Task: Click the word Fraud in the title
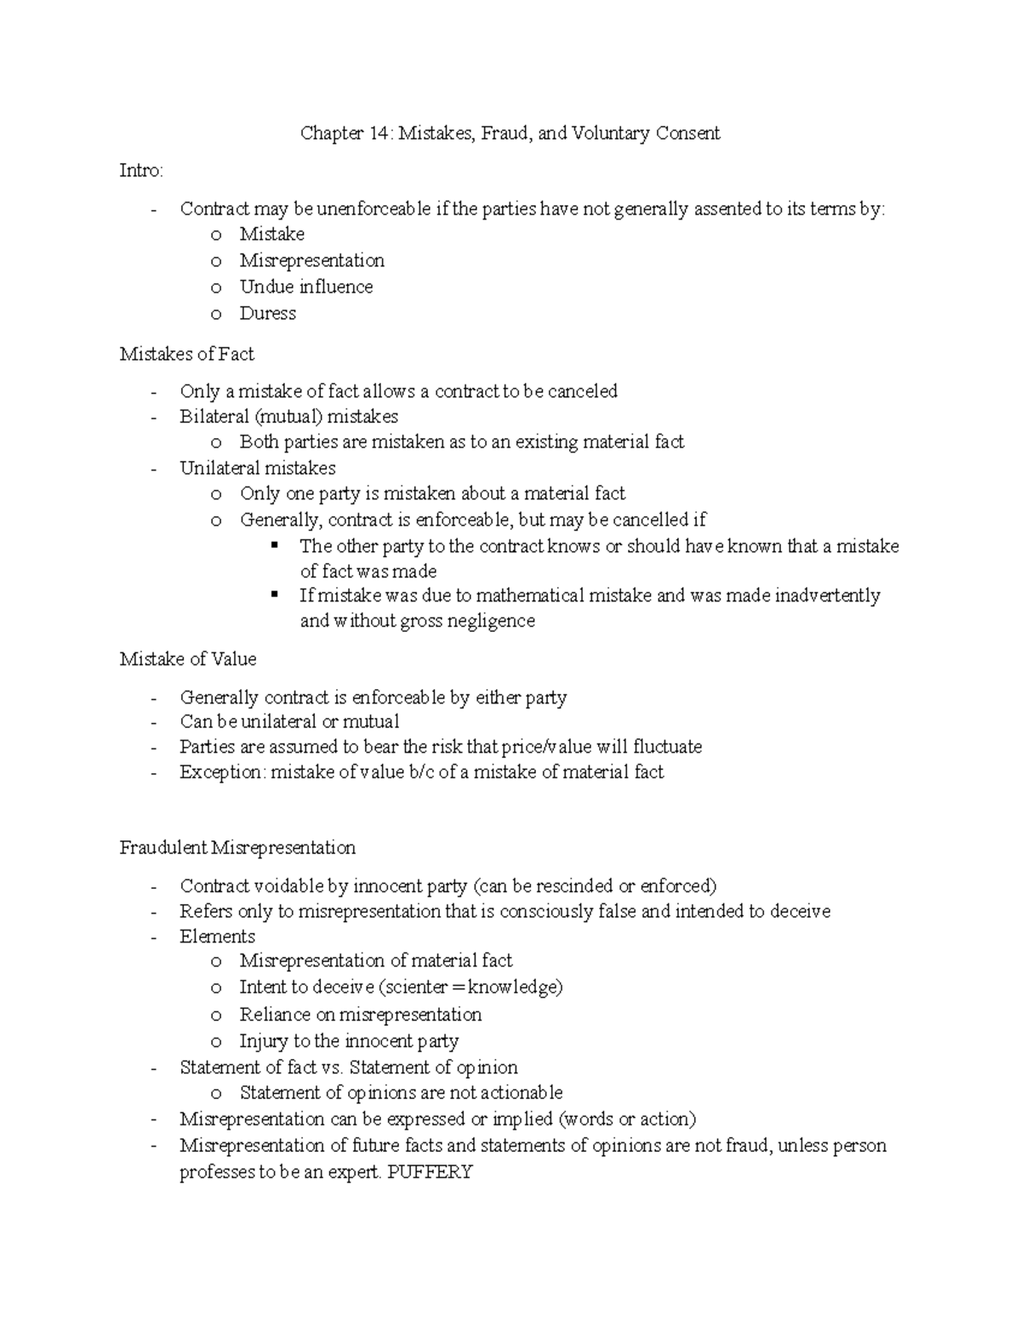coord(504,134)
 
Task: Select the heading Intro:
coord(141,171)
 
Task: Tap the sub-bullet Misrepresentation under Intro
coord(311,260)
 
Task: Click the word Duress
coord(267,313)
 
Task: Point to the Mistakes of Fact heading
coord(186,354)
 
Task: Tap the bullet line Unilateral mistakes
coord(257,468)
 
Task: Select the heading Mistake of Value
coord(187,659)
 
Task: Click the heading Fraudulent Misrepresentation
coord(237,848)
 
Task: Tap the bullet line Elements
coord(217,937)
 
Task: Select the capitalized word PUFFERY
coord(430,1172)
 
